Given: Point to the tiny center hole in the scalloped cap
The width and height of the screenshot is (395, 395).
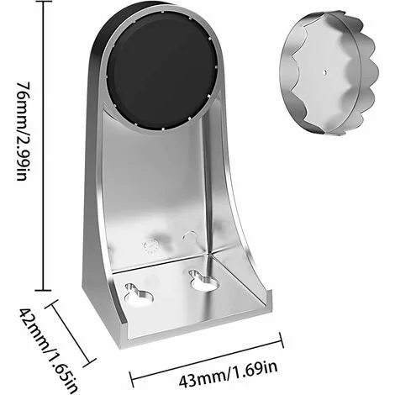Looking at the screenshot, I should click(324, 73).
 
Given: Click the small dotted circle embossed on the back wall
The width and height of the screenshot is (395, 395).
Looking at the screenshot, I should click(152, 245).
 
